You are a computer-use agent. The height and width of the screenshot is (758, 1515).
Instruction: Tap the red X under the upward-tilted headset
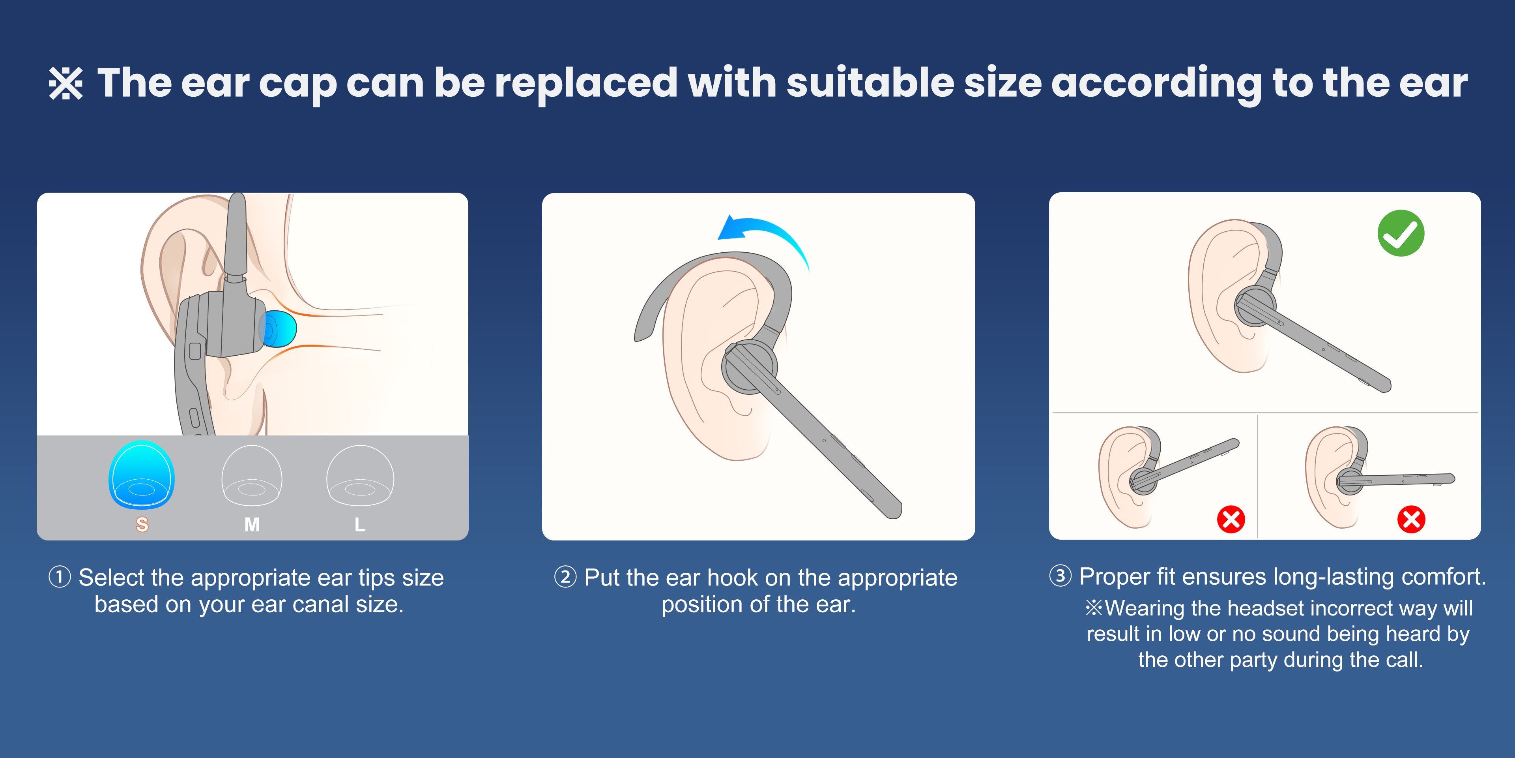tap(1231, 520)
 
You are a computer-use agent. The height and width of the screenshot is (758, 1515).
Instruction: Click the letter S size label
tap(142, 524)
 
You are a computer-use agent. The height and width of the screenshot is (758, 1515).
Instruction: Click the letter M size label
tap(252, 524)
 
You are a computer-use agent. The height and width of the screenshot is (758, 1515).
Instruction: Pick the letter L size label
tap(360, 524)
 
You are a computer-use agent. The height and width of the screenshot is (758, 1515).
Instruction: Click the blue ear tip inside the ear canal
tap(278, 328)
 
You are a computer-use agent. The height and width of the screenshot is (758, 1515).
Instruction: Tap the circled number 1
tap(60, 577)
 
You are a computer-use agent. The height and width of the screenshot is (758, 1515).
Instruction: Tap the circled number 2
tap(565, 577)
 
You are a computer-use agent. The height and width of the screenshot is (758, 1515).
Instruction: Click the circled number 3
tap(1060, 576)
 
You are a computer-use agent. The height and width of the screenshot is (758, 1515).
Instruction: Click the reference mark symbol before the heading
tap(65, 84)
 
